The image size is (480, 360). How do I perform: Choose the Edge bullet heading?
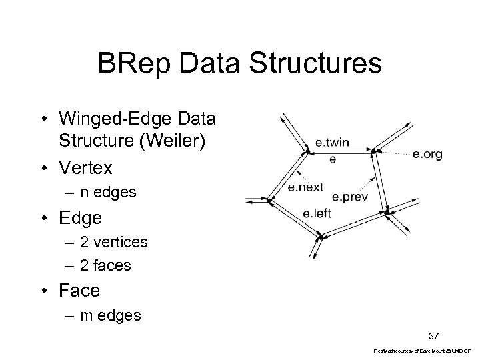[x=80, y=217]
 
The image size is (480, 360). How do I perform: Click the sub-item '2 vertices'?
[x=114, y=242]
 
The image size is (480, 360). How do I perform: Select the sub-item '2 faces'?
[x=105, y=265]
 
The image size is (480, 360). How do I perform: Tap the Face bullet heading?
[x=79, y=291]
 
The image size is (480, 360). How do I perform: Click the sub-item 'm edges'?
[x=111, y=315]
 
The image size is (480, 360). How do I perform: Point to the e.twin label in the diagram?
[x=332, y=143]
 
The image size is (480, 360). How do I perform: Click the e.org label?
[x=427, y=154]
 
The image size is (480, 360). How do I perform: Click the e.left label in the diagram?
[x=316, y=213]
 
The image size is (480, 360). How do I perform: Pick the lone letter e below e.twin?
[x=333, y=159]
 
